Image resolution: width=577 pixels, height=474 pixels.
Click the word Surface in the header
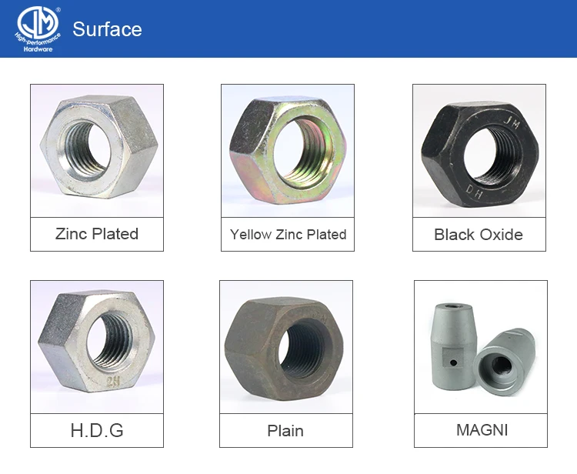click(x=107, y=29)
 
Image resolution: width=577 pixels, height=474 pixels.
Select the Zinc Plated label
click(x=97, y=234)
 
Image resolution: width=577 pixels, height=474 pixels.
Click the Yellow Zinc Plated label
click(x=288, y=234)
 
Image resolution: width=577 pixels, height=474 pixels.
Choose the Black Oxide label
click(x=479, y=235)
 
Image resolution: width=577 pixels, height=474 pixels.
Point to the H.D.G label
click(x=97, y=430)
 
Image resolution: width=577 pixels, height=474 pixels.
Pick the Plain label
click(x=285, y=430)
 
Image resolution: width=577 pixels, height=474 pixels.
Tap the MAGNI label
click(x=482, y=430)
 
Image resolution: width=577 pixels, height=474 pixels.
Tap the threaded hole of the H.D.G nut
click(x=103, y=336)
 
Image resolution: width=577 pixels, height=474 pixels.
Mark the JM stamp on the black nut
click(x=511, y=121)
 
